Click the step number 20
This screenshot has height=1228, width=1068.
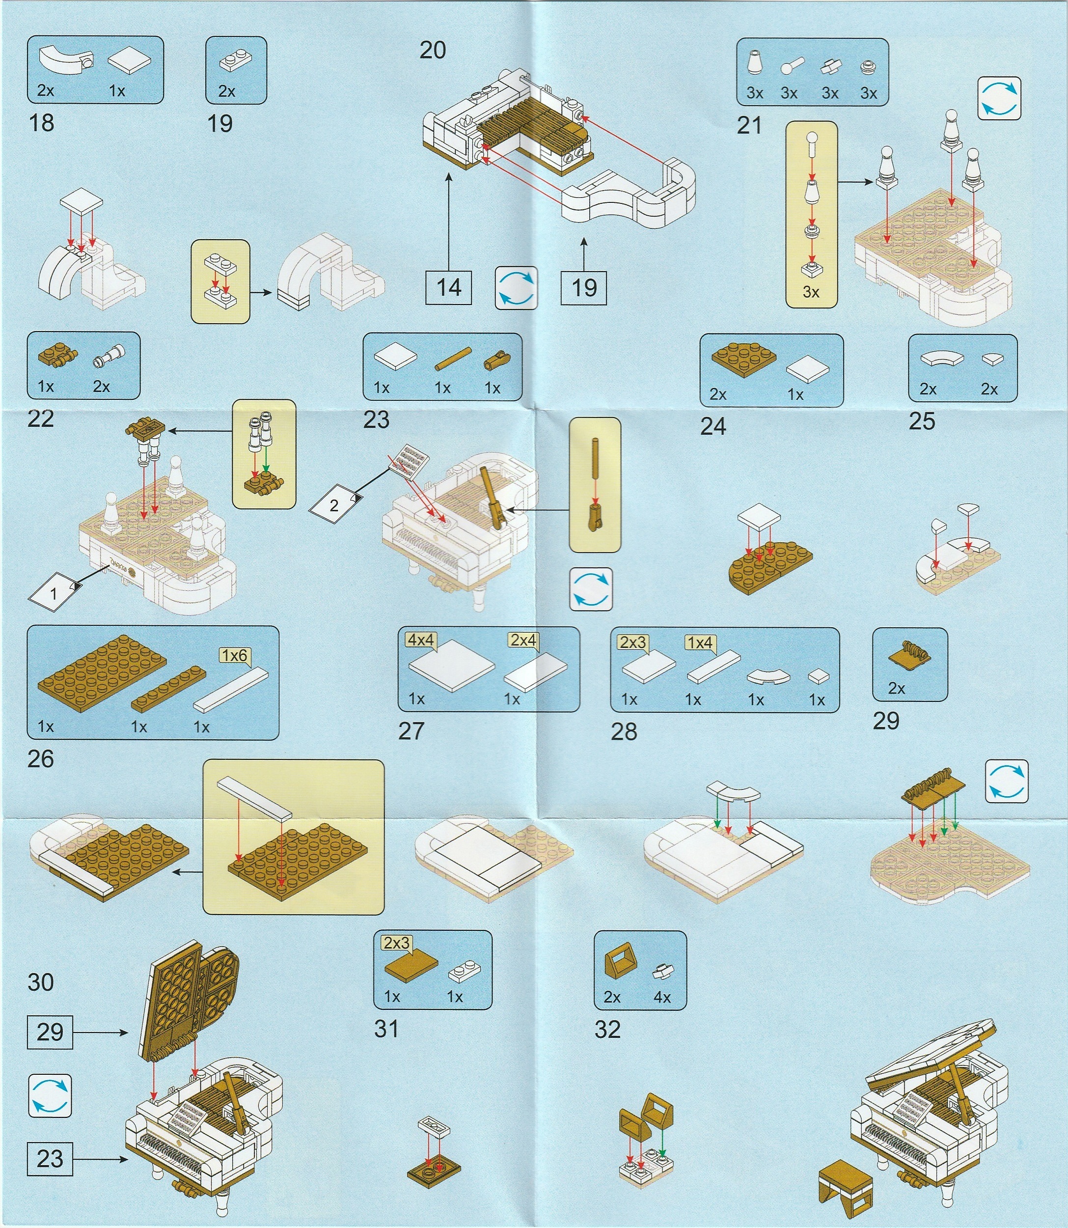pyautogui.click(x=433, y=50)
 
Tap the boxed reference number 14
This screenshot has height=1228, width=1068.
pyautogui.click(x=449, y=288)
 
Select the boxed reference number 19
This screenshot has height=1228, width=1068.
pyautogui.click(x=584, y=288)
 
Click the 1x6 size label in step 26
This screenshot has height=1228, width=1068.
pyautogui.click(x=234, y=656)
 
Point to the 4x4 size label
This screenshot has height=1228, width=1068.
pyautogui.click(x=421, y=640)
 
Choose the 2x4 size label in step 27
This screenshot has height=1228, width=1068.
pyautogui.click(x=523, y=640)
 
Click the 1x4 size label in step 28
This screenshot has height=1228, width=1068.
pyautogui.click(x=700, y=642)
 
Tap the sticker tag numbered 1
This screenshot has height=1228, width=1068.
pyautogui.click(x=54, y=593)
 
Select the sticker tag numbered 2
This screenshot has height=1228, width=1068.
pyautogui.click(x=334, y=505)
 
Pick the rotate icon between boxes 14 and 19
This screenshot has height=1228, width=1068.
pyautogui.click(x=516, y=288)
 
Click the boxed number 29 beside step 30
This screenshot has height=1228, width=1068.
pyautogui.click(x=50, y=1032)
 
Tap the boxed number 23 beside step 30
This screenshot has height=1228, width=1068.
pyautogui.click(x=50, y=1159)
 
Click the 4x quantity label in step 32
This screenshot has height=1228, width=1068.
pyautogui.click(x=662, y=997)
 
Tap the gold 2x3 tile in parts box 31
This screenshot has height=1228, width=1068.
pyautogui.click(x=412, y=966)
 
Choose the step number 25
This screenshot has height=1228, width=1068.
pyautogui.click(x=922, y=421)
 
